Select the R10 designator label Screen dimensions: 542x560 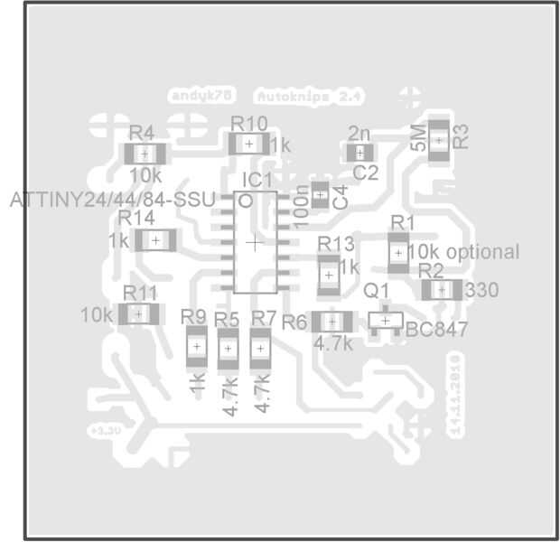(x=248, y=124)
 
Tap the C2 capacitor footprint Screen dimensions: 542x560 (x=359, y=154)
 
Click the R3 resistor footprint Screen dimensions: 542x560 (x=439, y=140)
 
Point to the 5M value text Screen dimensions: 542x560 (x=419, y=137)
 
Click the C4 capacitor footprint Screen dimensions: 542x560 (x=320, y=192)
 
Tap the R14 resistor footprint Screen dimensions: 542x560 (x=155, y=239)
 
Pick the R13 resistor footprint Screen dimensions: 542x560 (x=330, y=274)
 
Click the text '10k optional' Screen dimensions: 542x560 (x=463, y=252)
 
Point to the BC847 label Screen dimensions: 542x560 (x=437, y=330)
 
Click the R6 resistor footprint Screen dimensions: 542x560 (x=331, y=321)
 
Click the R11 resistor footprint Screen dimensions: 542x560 (x=138, y=313)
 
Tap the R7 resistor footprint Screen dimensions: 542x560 (x=260, y=347)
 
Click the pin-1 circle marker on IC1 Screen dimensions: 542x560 (x=245, y=200)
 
